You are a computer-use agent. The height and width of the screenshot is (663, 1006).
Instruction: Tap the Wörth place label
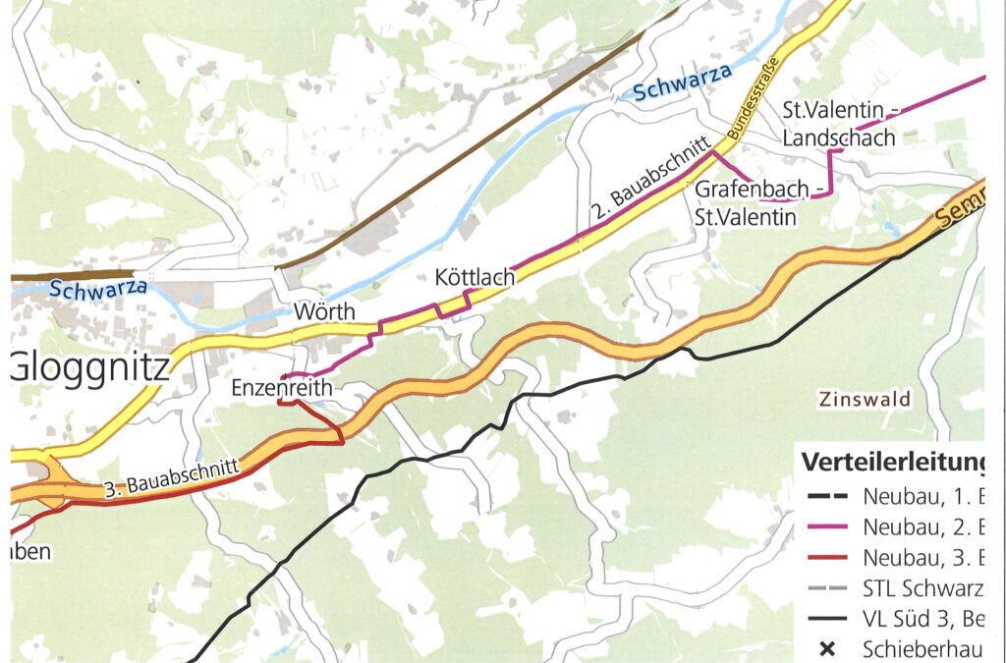pyautogui.click(x=323, y=312)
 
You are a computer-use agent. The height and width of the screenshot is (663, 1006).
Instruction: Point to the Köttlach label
pyautogui.click(x=475, y=279)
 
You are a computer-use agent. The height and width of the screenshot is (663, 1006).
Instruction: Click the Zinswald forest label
pyautogui.click(x=864, y=400)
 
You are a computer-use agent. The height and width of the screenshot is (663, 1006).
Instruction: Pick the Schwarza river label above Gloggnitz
pyautogui.click(x=97, y=289)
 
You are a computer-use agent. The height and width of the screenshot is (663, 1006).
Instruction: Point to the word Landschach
pyautogui.click(x=839, y=138)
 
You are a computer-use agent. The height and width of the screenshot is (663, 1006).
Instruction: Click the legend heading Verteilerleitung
pyautogui.click(x=892, y=462)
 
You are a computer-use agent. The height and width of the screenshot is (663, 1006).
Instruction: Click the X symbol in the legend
pyautogui.click(x=827, y=648)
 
